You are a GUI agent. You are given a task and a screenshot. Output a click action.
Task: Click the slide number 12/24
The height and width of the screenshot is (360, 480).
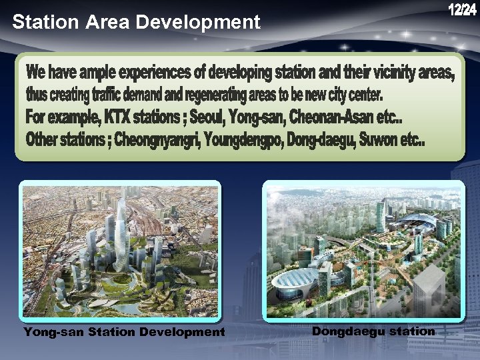[462, 11]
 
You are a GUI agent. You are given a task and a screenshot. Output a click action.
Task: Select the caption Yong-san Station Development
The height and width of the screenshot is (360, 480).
[124, 331]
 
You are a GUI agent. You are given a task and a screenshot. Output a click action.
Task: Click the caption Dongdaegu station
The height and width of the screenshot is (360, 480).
[373, 331]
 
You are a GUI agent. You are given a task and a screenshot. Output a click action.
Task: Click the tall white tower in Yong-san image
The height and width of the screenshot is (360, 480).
[121, 233]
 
